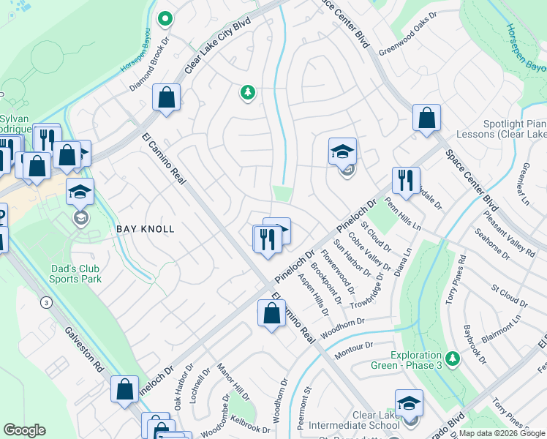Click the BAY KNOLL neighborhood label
pyautogui.click(x=146, y=229)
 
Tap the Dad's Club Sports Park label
pyautogui.click(x=76, y=273)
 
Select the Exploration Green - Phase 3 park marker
pyautogui.click(x=453, y=357)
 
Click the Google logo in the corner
pyautogui.click(x=24, y=430)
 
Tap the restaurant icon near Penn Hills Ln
pyautogui.click(x=406, y=180)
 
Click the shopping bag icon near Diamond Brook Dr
pyautogui.click(x=166, y=97)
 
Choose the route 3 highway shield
pyautogui.click(x=47, y=302)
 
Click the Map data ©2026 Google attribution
pyautogui.click(x=502, y=433)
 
